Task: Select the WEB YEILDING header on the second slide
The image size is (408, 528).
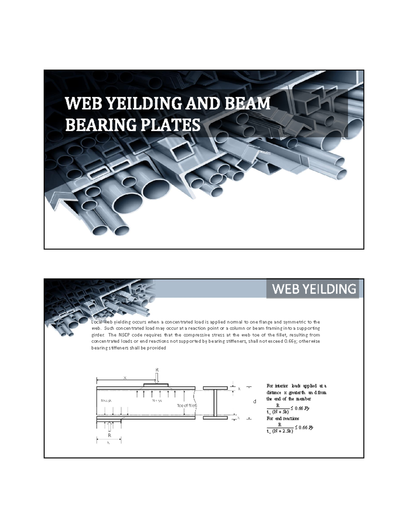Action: pyautogui.click(x=314, y=289)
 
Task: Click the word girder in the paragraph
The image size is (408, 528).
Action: pyautogui.click(x=98, y=335)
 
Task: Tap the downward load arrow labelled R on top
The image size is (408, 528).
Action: pyautogui.click(x=157, y=378)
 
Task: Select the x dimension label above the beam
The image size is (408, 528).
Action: pyautogui.click(x=125, y=378)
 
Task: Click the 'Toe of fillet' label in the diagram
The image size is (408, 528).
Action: pyautogui.click(x=187, y=405)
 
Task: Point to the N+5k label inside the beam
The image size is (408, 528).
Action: pyautogui.click(x=157, y=401)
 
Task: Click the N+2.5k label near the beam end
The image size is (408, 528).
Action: pyautogui.click(x=106, y=401)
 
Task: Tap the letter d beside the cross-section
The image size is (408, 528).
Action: pyautogui.click(x=254, y=402)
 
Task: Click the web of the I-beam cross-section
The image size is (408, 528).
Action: pyautogui.click(x=215, y=403)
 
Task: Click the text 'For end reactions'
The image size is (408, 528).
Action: pyautogui.click(x=283, y=419)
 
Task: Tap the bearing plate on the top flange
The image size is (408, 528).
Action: pyautogui.click(x=156, y=385)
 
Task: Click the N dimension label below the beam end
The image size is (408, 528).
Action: pyautogui.click(x=109, y=442)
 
